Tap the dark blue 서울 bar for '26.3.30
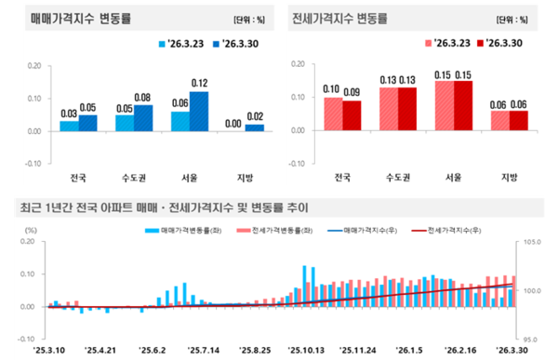tap(199, 111)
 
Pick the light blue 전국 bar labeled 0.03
tap(70, 126)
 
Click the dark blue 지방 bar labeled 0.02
tap(256, 127)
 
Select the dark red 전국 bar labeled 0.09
tap(352, 115)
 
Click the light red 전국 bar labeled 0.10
tap(333, 113)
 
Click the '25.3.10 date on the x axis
tap(48, 350)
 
